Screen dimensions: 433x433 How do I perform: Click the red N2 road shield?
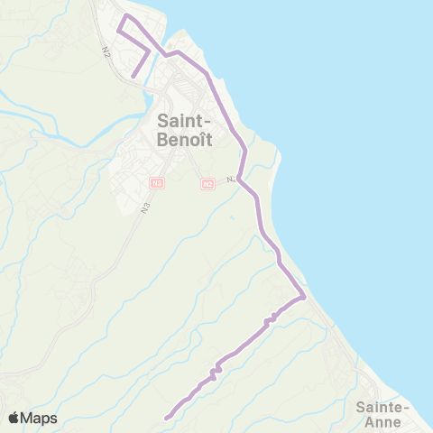coord(208,183)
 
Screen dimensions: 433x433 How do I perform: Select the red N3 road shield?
coord(158,183)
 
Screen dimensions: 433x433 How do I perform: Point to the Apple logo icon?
coord(14,418)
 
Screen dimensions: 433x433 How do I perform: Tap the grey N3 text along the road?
coord(145,207)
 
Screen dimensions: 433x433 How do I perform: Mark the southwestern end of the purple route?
coord(167,417)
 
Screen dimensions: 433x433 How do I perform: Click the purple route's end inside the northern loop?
coord(134,76)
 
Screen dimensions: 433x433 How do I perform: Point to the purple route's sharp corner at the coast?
coord(305,297)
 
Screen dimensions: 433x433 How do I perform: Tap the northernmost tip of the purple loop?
coord(126,16)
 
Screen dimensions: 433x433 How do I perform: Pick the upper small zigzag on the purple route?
coord(269,320)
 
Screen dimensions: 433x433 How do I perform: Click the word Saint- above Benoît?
coord(185,119)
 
